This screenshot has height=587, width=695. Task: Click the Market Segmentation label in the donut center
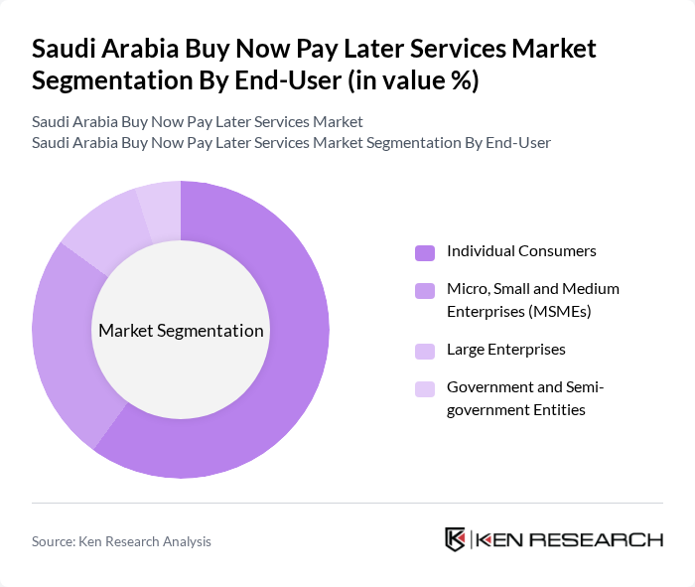point(181,331)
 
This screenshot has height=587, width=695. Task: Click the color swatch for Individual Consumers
point(425,252)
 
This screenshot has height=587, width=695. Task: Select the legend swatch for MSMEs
point(425,290)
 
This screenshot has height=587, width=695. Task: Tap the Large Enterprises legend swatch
point(425,351)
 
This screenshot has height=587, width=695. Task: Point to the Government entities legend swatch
point(425,388)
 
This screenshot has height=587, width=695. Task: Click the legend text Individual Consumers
point(521,251)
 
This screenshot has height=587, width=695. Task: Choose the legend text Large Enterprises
point(505,350)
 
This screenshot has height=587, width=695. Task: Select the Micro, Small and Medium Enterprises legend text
point(532,300)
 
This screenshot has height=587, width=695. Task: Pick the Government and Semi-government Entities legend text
point(525,397)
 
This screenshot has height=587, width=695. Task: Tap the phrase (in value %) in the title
point(413,81)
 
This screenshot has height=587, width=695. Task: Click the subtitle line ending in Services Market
point(198,122)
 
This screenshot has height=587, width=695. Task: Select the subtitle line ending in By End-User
point(291,143)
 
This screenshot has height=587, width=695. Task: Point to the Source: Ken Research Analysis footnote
point(121,541)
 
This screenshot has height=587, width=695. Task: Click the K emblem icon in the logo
point(456,539)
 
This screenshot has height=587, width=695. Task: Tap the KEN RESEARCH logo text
point(569,540)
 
